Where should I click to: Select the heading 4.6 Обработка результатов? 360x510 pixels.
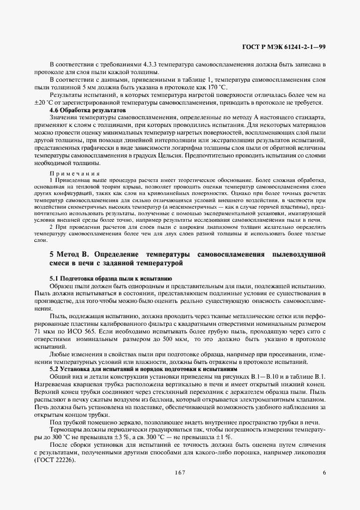click(80, 110)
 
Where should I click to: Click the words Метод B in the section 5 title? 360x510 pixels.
click(70, 254)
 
